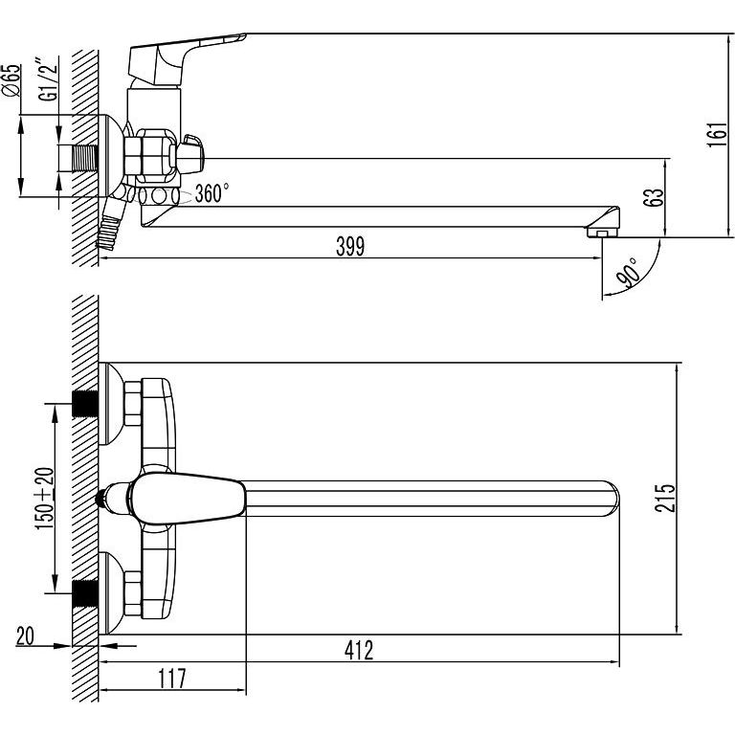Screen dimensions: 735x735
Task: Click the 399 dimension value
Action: click(350, 246)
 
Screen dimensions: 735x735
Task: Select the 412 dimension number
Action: click(359, 650)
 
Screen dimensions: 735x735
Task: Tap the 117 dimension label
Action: click(171, 679)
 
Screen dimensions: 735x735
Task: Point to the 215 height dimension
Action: click(665, 498)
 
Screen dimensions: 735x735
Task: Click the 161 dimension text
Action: click(717, 135)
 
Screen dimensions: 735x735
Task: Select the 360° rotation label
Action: click(212, 193)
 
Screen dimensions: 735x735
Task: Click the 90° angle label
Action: click(628, 272)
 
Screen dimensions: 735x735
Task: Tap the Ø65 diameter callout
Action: click(11, 80)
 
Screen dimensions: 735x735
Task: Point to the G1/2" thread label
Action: click(48, 78)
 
